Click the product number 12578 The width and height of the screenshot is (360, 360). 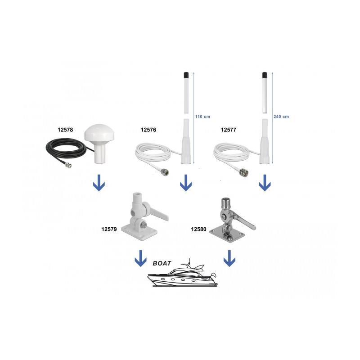(65, 130)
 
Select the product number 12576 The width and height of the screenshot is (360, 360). (148, 130)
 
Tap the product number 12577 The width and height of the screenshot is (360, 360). (229, 130)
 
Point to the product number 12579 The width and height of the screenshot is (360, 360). (109, 229)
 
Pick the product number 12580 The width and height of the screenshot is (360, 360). (198, 229)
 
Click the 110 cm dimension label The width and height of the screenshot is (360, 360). (202, 117)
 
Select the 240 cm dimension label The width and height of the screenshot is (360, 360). (281, 117)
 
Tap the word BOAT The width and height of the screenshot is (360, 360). (162, 263)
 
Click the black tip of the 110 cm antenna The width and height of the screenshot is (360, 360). (186, 75)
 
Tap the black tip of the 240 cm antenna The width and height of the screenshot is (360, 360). (265, 75)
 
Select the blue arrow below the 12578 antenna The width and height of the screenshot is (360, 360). (99, 183)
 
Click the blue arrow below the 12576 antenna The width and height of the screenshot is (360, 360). (186, 183)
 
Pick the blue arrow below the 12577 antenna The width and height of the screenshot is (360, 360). (265, 183)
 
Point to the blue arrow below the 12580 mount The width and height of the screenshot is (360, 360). (229, 258)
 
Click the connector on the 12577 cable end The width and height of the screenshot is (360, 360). (244, 172)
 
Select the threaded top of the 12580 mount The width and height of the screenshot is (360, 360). (224, 202)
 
